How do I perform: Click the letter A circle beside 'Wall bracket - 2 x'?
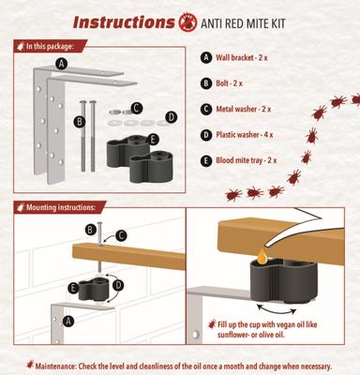[207, 57]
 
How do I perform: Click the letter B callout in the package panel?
[81, 121]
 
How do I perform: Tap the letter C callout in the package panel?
[137, 109]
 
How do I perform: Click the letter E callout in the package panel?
[154, 140]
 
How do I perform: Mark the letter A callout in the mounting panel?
[66, 318]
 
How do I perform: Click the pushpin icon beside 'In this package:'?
[18, 44]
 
